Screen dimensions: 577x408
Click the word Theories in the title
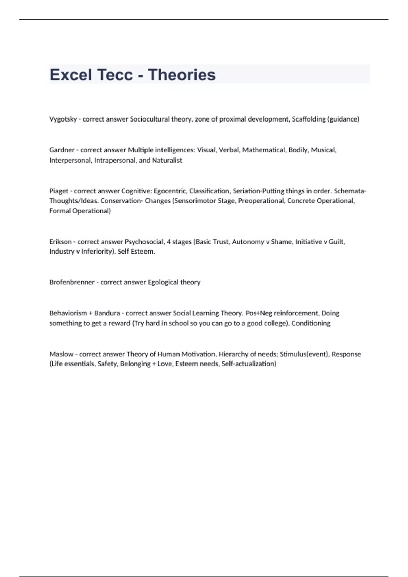[x=182, y=75]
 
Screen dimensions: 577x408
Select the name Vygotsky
[x=63, y=119]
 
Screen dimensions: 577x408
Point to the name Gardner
[x=62, y=150]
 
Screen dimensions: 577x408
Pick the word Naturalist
[x=167, y=160]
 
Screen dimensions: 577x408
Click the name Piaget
[x=59, y=191]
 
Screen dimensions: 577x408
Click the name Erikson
[x=61, y=242]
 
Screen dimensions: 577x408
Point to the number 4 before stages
[x=169, y=242]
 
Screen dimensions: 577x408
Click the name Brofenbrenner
[x=72, y=282]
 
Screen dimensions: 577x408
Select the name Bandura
[x=107, y=313]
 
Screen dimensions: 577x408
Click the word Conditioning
[x=311, y=323]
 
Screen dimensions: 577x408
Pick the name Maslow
[x=61, y=354]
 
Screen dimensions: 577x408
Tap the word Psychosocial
[x=144, y=242]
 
